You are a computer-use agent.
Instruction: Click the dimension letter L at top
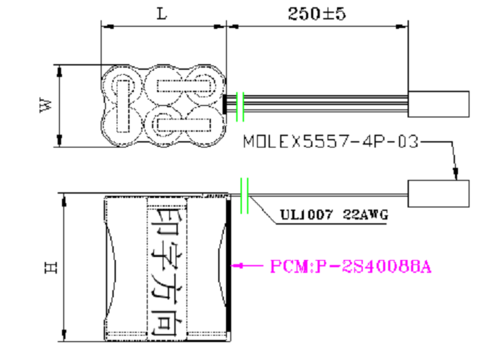(162, 14)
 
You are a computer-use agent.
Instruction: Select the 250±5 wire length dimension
(317, 14)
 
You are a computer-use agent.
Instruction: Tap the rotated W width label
(45, 105)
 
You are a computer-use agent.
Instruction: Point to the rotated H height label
(51, 267)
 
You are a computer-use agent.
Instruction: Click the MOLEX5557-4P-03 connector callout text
(331, 141)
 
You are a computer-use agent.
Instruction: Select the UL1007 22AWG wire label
(334, 215)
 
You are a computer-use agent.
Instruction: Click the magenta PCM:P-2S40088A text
(351, 266)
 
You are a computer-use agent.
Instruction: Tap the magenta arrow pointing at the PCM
(247, 266)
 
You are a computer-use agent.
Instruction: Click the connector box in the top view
(438, 104)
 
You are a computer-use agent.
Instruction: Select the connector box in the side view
(438, 194)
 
